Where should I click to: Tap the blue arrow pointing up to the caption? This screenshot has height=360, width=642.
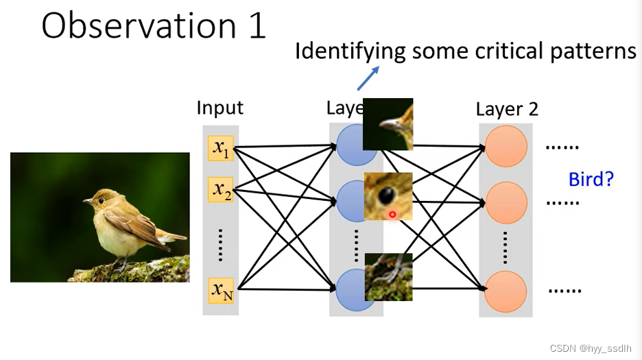pos(368,78)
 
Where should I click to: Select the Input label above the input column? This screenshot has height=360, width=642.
pos(219,108)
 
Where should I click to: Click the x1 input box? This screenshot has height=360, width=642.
pos(221,147)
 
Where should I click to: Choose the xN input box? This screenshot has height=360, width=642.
pos(221,291)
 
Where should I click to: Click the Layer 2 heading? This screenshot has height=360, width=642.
pos(507,108)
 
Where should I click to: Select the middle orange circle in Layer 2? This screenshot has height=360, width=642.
pos(506,202)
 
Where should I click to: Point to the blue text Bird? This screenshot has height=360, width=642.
pos(591,180)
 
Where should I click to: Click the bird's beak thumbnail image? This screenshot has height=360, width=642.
pos(388,124)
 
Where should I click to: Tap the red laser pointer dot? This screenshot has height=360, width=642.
pos(392,215)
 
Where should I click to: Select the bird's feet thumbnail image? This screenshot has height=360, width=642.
pos(388,277)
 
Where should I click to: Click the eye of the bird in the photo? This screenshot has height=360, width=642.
pos(101,200)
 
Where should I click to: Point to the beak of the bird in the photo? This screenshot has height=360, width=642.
pos(87,202)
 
